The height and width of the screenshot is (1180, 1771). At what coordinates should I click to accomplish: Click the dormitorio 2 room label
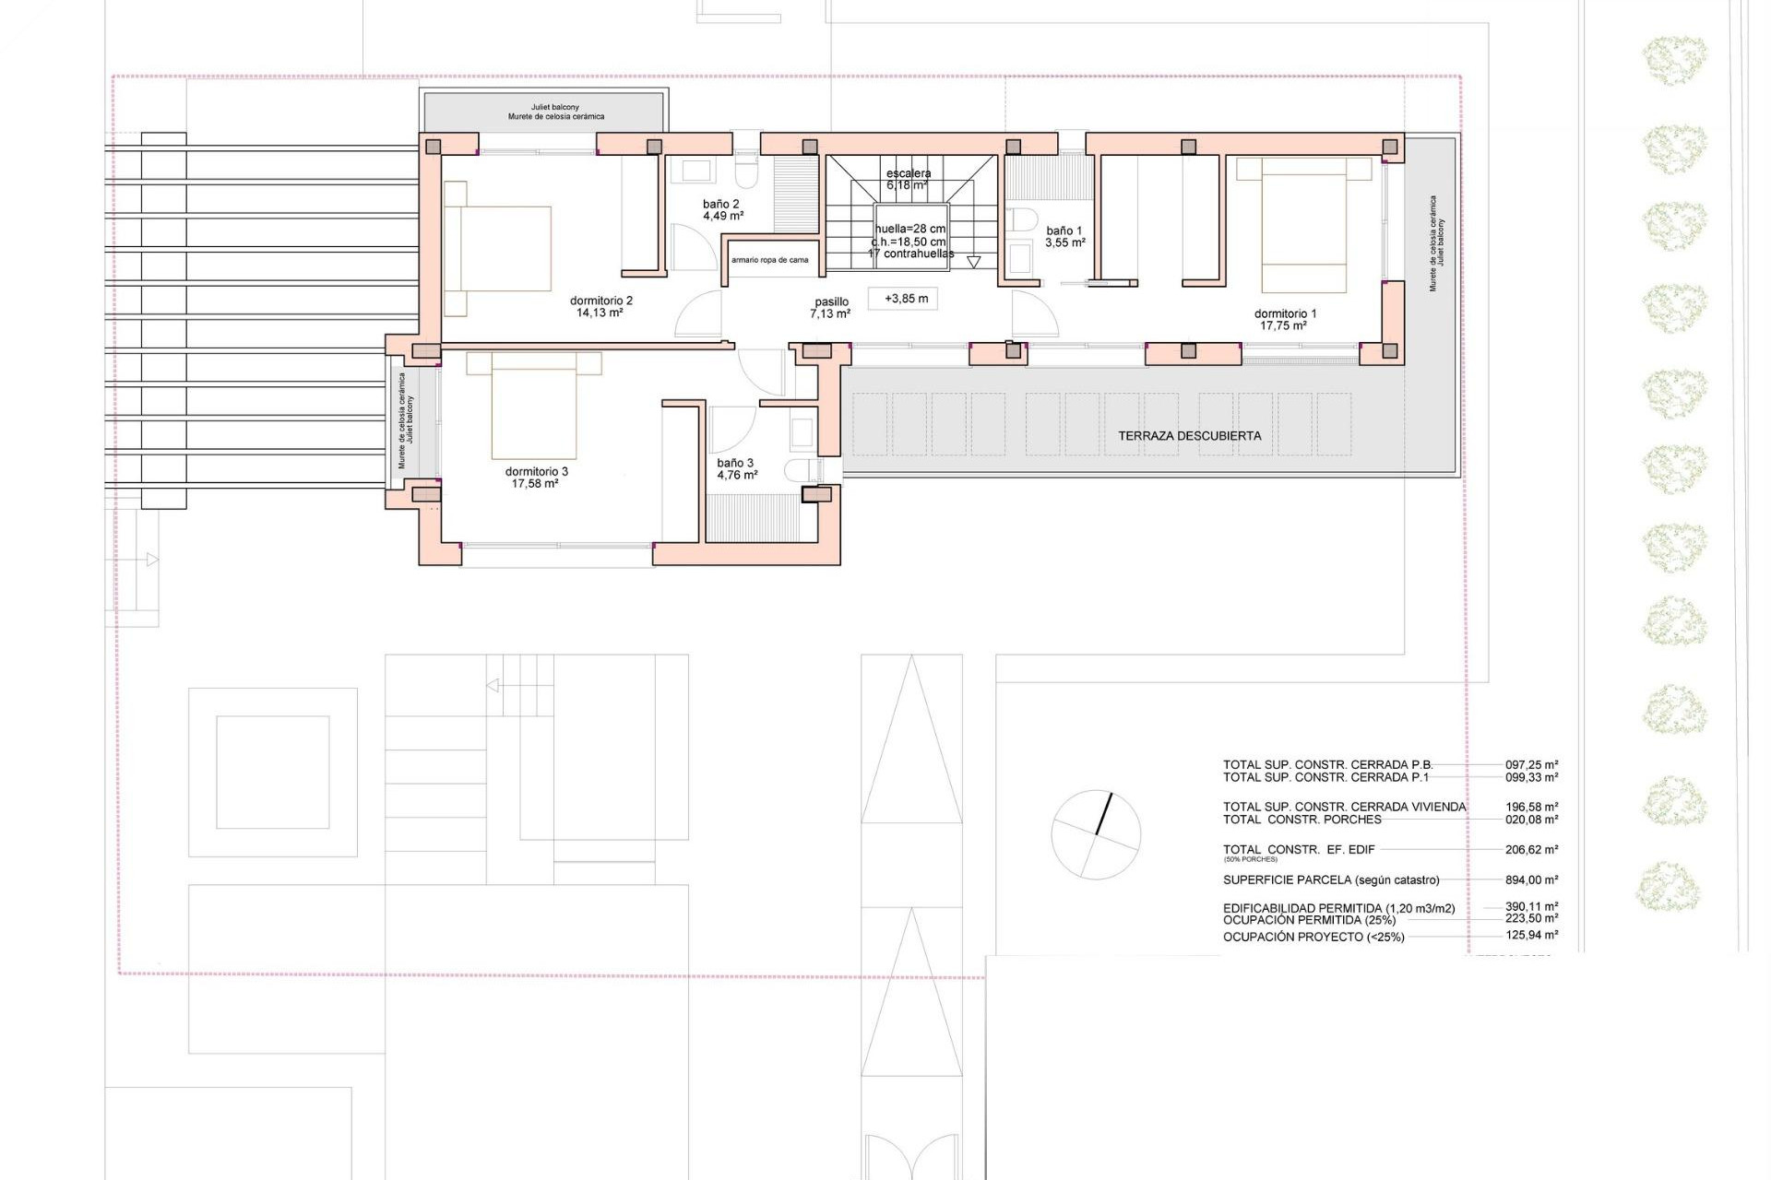601,301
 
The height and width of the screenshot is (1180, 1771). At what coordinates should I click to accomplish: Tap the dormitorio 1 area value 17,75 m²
1284,326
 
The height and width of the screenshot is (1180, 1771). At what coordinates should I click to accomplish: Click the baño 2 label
721,204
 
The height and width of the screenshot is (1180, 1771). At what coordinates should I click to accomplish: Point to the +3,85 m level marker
906,299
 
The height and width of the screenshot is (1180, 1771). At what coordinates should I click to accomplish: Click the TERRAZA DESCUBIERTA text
1189,436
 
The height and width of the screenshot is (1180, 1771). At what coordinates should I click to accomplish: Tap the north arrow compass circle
1096,834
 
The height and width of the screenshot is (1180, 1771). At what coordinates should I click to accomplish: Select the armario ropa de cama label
770,260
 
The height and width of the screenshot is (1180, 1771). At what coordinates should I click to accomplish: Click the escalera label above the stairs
909,173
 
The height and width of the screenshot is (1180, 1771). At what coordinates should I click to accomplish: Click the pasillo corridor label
831,301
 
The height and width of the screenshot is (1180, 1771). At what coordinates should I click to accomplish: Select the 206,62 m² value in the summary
1531,850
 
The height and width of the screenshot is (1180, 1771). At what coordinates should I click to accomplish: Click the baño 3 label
735,463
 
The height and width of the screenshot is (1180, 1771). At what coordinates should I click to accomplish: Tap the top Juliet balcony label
555,107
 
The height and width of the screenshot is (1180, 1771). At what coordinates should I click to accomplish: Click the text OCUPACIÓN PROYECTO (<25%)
1313,938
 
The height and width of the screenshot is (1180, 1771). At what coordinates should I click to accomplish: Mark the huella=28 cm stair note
910,229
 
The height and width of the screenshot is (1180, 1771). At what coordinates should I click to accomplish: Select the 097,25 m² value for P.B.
1531,764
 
